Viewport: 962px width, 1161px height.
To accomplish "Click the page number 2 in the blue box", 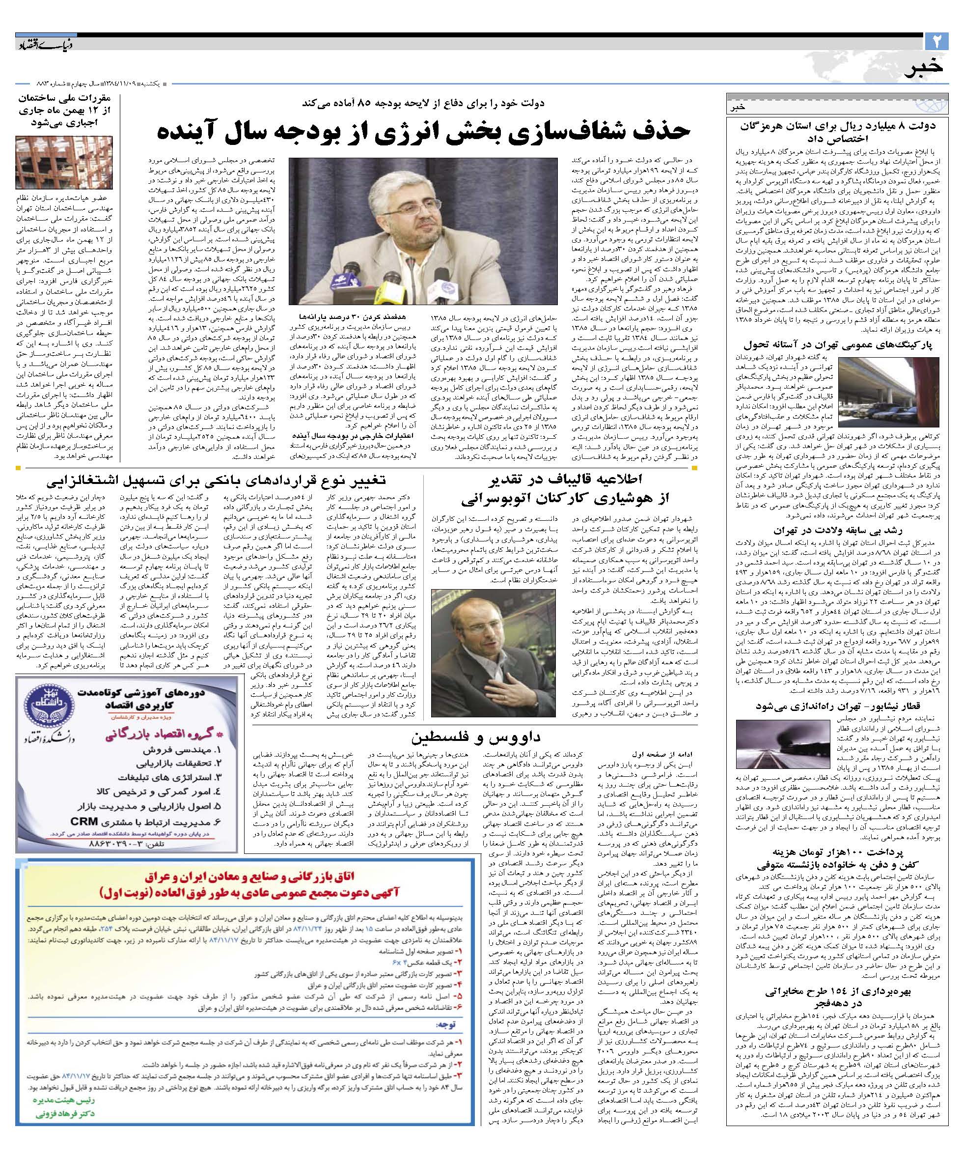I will pos(936,41).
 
